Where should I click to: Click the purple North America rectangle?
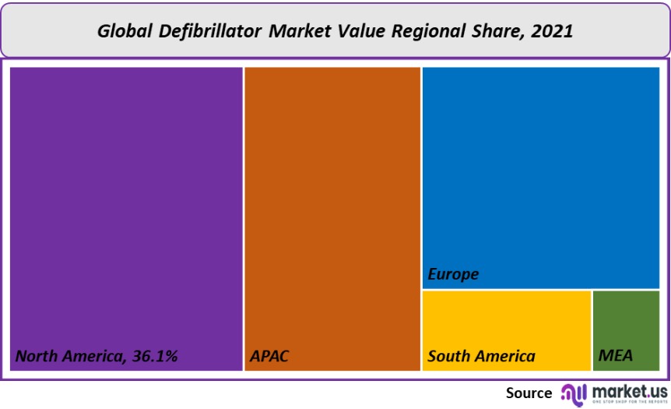pos(126,203)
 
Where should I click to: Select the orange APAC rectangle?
pos(332,203)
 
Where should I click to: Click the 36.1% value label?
pos(154,357)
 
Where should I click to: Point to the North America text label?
pos(69,357)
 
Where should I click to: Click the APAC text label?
pos(269,357)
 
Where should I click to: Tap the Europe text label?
pos(453,274)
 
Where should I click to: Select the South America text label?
pos(481,357)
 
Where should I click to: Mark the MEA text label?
pos(616,357)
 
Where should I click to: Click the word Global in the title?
pos(125,31)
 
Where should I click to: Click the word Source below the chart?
pos(529,393)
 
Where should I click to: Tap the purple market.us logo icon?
pos(574,393)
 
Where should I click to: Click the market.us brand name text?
pos(629,390)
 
